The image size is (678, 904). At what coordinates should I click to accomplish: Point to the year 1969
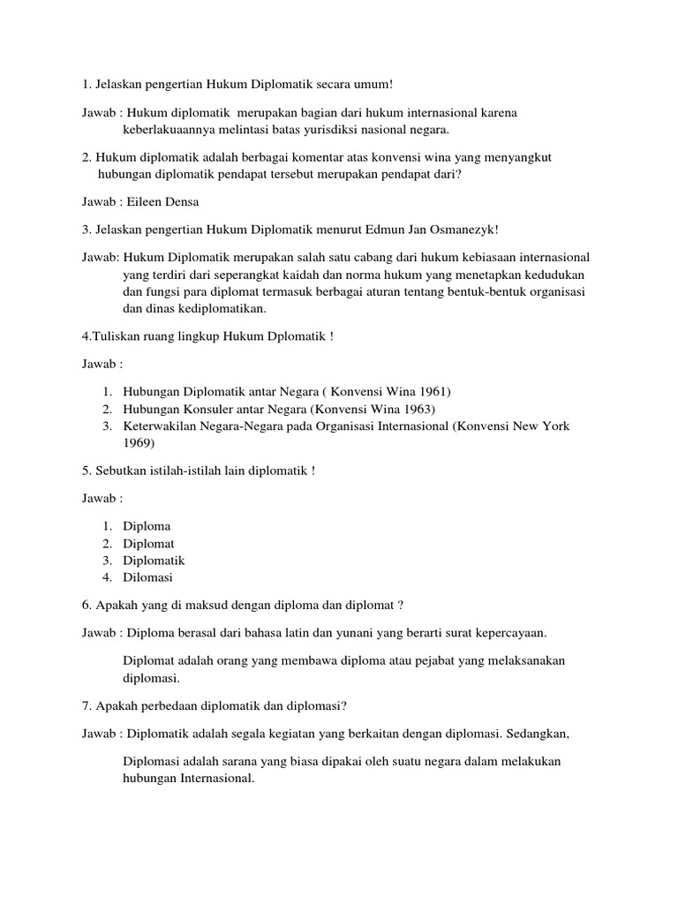[139, 443]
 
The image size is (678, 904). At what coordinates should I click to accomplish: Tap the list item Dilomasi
[147, 577]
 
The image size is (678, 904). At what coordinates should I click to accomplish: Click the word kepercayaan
[510, 633]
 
